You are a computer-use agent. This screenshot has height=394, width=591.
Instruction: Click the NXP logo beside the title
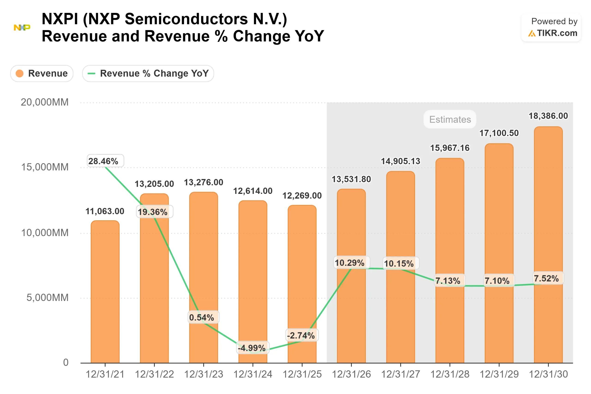(x=22, y=27)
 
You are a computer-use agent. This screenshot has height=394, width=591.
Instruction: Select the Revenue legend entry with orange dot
(x=42, y=73)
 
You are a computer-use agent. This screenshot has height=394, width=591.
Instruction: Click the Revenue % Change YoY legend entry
(x=148, y=73)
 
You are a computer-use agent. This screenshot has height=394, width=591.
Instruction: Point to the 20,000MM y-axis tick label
(x=45, y=102)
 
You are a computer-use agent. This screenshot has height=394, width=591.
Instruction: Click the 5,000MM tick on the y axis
(x=47, y=298)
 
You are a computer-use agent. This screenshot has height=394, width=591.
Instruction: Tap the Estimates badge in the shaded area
(x=450, y=119)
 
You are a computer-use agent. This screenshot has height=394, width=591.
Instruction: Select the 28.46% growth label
(x=103, y=161)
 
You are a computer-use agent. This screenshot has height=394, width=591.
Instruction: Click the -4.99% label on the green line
(x=252, y=348)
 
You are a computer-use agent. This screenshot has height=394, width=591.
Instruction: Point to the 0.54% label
(x=202, y=317)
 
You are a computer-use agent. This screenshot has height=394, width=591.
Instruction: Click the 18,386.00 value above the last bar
(x=548, y=116)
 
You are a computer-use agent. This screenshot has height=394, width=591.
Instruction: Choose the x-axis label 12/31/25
(x=302, y=374)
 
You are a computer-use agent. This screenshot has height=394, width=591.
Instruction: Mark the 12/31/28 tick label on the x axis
(x=450, y=374)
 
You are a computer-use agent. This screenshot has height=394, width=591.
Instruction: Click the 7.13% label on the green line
(x=448, y=281)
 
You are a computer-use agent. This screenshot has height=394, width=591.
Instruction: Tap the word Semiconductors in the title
(x=186, y=19)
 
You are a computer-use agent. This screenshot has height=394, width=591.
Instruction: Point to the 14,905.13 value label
(x=401, y=161)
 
